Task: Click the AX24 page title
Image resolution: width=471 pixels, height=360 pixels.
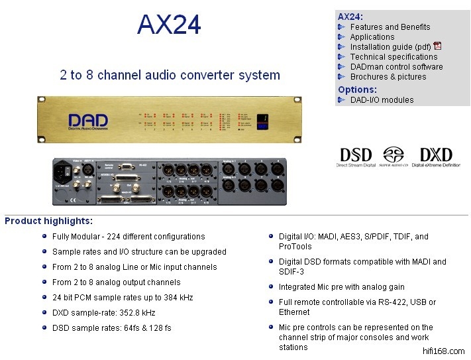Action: (169, 25)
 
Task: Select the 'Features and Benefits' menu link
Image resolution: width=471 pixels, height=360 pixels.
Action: (390, 27)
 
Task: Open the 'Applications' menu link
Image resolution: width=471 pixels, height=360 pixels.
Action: (372, 37)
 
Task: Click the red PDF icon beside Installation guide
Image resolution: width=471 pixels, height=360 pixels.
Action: (437, 46)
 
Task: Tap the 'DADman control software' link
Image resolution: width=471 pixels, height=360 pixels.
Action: (396, 67)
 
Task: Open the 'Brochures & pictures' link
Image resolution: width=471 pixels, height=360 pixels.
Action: (388, 77)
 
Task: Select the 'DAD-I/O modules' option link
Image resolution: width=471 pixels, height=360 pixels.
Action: (382, 100)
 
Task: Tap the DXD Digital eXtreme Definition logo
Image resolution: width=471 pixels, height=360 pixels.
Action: (436, 157)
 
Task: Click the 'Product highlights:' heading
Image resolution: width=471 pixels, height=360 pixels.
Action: (49, 221)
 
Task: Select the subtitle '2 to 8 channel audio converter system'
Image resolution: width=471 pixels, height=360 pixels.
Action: (170, 75)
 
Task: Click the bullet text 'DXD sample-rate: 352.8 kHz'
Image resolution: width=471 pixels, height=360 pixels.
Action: (103, 313)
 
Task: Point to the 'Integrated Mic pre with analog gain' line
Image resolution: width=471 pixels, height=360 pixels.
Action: (341, 287)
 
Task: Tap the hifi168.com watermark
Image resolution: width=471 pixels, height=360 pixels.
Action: (443, 351)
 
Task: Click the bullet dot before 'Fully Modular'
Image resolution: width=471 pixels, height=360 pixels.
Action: (44, 236)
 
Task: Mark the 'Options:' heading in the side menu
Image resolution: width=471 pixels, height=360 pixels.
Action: (357, 90)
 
